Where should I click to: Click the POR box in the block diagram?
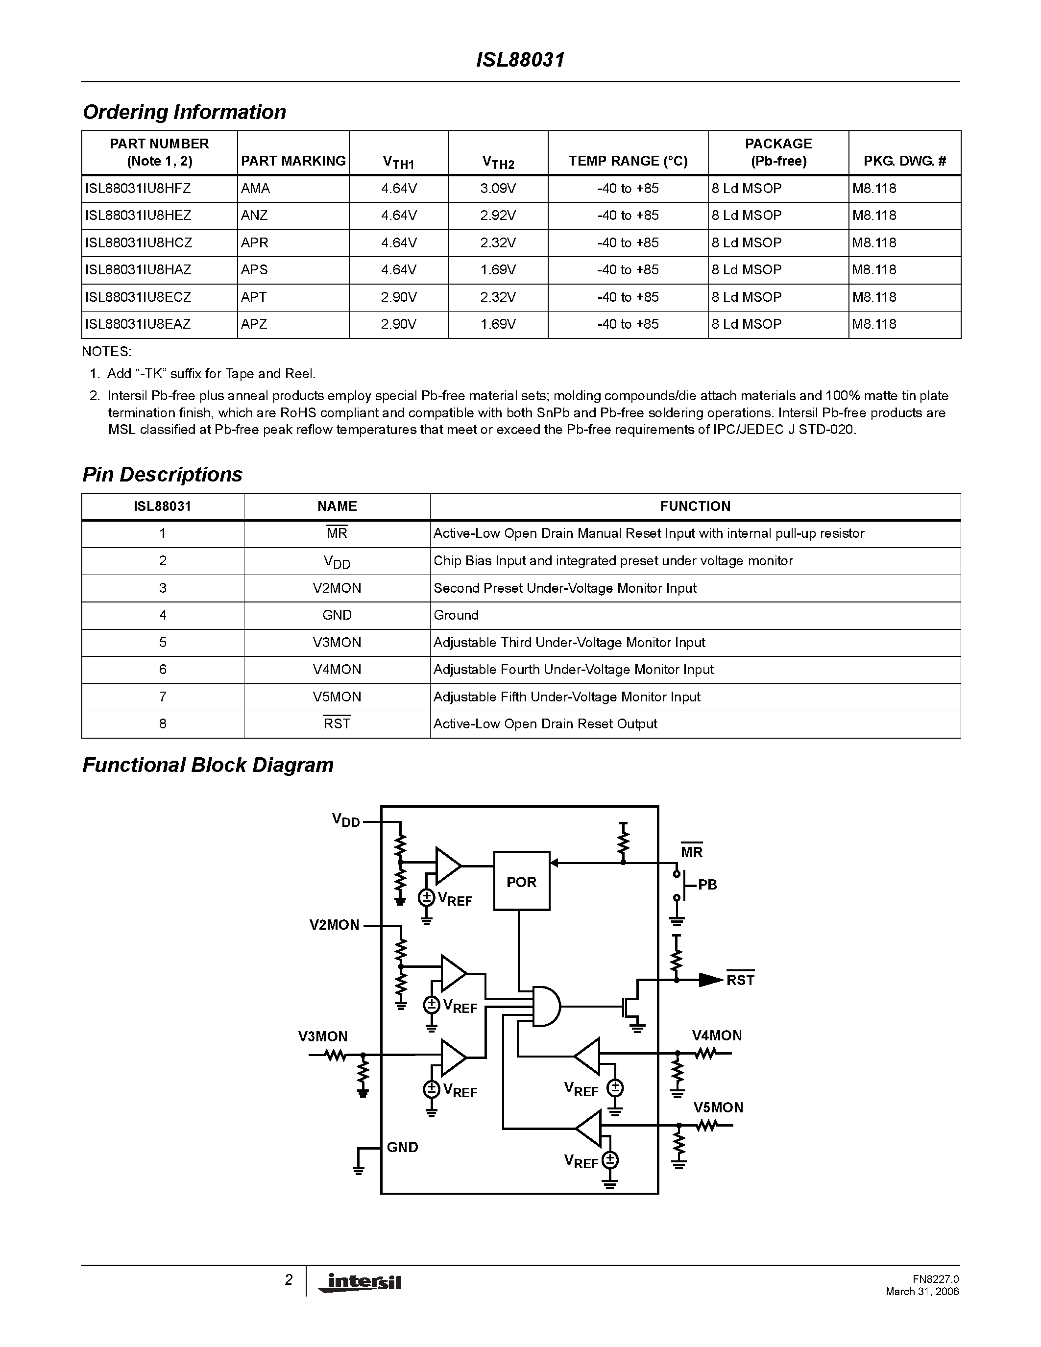click(521, 881)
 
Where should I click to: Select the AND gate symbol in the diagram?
click(546, 1006)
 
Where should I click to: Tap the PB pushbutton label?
click(707, 885)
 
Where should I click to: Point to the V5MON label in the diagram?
click(718, 1107)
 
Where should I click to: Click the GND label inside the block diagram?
click(402, 1147)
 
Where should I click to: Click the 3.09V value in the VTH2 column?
click(498, 189)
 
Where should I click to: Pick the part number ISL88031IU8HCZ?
click(139, 243)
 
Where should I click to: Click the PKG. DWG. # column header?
click(904, 161)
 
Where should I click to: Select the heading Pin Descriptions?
click(162, 474)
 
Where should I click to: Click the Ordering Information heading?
click(184, 112)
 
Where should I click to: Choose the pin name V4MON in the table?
click(337, 670)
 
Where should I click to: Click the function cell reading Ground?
click(456, 616)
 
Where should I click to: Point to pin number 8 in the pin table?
click(163, 724)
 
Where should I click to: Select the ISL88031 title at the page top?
click(520, 60)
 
